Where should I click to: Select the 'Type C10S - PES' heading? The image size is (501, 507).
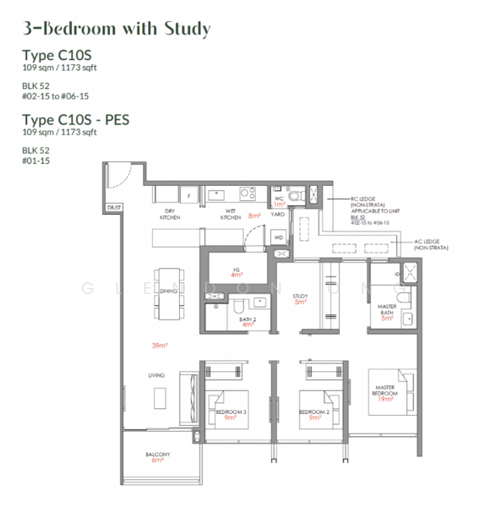point(75,121)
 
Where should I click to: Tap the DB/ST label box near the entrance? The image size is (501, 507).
point(113,207)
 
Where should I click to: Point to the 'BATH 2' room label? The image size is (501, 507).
point(247,319)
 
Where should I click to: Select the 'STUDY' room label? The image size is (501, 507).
point(300,297)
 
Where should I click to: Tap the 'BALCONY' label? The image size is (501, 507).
point(158,454)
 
